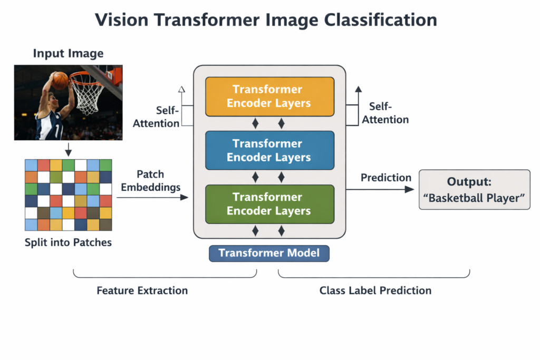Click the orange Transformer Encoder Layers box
pos(269,96)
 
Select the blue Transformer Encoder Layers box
pos(269,150)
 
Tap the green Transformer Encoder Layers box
pos(269,204)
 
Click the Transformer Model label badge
pos(269,253)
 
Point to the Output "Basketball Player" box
pos(474,190)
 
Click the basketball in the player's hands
pos(60,80)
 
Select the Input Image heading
pos(68,53)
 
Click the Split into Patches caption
pos(68,243)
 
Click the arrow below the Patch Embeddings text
pos(152,197)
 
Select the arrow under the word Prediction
pos(380,189)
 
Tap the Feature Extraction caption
pos(142,290)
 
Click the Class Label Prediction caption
pos(375,290)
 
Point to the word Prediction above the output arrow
pos(386,178)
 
